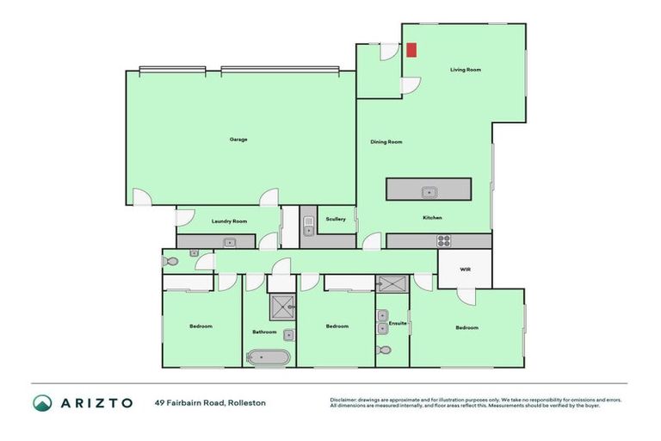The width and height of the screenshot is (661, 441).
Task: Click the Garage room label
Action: click(x=238, y=140)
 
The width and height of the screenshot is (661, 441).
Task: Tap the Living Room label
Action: click(x=466, y=69)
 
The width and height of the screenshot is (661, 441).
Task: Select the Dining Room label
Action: click(x=386, y=142)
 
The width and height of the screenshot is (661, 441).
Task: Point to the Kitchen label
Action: click(x=432, y=218)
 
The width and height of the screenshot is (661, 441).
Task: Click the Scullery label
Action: click(x=336, y=220)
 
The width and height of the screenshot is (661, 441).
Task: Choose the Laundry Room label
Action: click(x=228, y=221)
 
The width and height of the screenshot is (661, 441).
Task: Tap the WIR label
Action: click(x=465, y=270)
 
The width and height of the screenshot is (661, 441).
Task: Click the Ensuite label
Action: click(x=398, y=323)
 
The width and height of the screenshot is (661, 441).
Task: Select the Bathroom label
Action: click(x=264, y=332)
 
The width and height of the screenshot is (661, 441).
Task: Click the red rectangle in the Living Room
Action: click(x=411, y=50)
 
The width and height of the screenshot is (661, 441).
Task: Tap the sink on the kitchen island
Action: click(x=428, y=191)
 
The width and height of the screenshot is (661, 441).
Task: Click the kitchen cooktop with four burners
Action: click(x=444, y=241)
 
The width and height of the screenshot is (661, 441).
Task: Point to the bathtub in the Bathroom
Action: click(x=269, y=357)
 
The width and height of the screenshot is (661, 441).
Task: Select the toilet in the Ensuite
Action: click(x=384, y=350)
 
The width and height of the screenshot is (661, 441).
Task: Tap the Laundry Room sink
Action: click(x=229, y=243)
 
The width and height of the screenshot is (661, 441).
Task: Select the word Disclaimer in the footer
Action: click(x=344, y=400)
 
